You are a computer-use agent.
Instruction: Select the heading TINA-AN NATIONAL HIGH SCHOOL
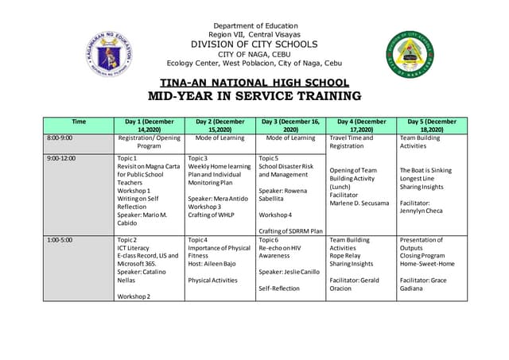254,83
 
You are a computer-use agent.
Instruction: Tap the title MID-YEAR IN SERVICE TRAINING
254,96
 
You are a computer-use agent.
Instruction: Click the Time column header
79,122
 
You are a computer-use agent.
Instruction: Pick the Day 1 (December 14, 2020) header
149,126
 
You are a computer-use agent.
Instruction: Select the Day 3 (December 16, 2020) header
290,126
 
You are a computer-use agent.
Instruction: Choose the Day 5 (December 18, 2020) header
432,126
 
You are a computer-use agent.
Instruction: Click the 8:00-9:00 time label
60,138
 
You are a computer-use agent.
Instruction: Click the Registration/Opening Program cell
149,142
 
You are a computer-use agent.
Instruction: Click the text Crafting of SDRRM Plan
290,231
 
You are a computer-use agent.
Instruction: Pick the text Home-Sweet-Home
428,264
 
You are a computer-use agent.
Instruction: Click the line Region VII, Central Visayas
255,35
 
